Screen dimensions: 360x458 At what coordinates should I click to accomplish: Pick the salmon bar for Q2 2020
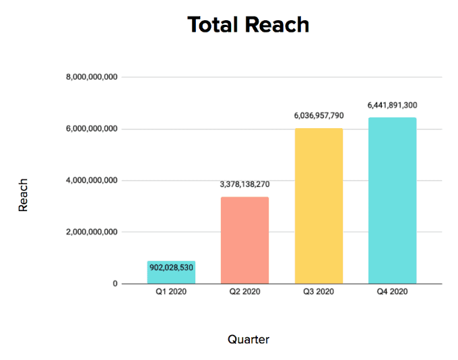(244, 240)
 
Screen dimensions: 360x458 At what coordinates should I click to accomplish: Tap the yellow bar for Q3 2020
(319, 206)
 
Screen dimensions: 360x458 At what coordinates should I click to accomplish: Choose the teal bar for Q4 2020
(392, 200)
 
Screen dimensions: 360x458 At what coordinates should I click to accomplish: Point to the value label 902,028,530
(171, 268)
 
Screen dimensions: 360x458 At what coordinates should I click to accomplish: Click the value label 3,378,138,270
(244, 183)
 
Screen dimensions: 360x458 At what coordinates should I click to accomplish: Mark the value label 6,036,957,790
(319, 116)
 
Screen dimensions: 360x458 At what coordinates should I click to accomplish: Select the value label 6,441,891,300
(392, 105)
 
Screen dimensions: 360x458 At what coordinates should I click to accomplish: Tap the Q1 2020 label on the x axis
(171, 293)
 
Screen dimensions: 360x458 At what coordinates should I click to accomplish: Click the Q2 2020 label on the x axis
(244, 293)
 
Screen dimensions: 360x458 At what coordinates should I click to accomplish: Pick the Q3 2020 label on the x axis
(319, 293)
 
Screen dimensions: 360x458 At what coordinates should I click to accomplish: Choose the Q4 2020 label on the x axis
(392, 293)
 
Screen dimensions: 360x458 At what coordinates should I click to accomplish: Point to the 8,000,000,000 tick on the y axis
(92, 78)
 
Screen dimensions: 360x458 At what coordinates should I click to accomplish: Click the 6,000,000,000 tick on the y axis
(92, 129)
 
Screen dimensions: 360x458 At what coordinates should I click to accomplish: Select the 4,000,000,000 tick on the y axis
(92, 181)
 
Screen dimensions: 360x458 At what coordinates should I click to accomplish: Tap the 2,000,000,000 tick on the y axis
(92, 232)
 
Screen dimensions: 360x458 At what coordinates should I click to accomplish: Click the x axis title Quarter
(249, 339)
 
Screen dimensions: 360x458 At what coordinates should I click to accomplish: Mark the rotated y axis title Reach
(24, 195)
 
